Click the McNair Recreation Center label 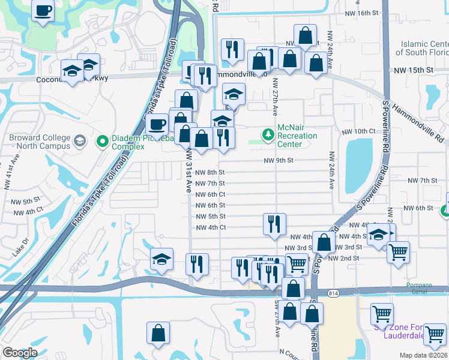pyautogui.click(x=297, y=136)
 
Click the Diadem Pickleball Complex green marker pyautogui.click(x=102, y=142)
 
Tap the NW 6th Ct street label pyautogui.click(x=211, y=194)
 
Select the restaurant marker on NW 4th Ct pyautogui.click(x=274, y=224)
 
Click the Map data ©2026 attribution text pyautogui.click(x=423, y=355)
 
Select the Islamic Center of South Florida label pyautogui.click(x=424, y=48)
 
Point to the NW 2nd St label pyautogui.click(x=347, y=258)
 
